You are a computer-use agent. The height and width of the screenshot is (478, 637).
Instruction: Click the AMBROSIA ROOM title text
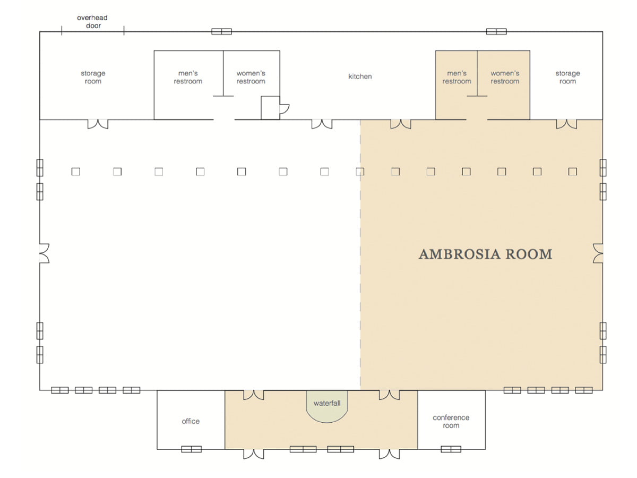coord(485,254)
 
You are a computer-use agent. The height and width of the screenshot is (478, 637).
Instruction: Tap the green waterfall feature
coord(327,406)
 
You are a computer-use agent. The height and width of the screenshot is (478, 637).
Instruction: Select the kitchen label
coord(360,76)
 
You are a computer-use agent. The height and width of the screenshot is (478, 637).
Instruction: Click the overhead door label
coord(92,22)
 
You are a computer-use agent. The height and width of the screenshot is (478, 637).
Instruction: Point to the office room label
coord(191,421)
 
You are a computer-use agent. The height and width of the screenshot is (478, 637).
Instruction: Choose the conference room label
coord(451,421)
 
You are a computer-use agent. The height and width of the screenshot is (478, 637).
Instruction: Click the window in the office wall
coord(191,449)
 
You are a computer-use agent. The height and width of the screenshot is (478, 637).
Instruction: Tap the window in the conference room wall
coord(451,449)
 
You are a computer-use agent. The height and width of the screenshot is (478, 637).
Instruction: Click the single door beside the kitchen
coord(285,108)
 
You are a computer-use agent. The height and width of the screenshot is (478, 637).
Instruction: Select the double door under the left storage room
coord(98,124)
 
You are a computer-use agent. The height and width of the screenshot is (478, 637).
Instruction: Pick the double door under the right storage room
coord(566,124)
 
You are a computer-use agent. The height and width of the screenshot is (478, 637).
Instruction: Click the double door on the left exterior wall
coord(45,253)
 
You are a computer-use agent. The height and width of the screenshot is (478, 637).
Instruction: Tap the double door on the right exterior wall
coord(598,253)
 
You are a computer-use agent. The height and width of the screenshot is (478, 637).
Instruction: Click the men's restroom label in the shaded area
coord(457,77)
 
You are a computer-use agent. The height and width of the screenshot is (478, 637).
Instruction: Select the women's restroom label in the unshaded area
coord(251,77)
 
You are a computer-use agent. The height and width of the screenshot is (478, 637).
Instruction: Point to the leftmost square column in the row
coord(76,172)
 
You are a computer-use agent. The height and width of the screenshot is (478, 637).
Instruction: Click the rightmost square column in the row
coord(573,172)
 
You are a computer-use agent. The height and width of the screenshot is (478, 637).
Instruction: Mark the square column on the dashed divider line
coord(360,172)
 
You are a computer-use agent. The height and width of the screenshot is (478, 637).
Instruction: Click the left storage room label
coord(93,77)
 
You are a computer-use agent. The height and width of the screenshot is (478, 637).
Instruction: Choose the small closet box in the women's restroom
coord(270,108)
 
